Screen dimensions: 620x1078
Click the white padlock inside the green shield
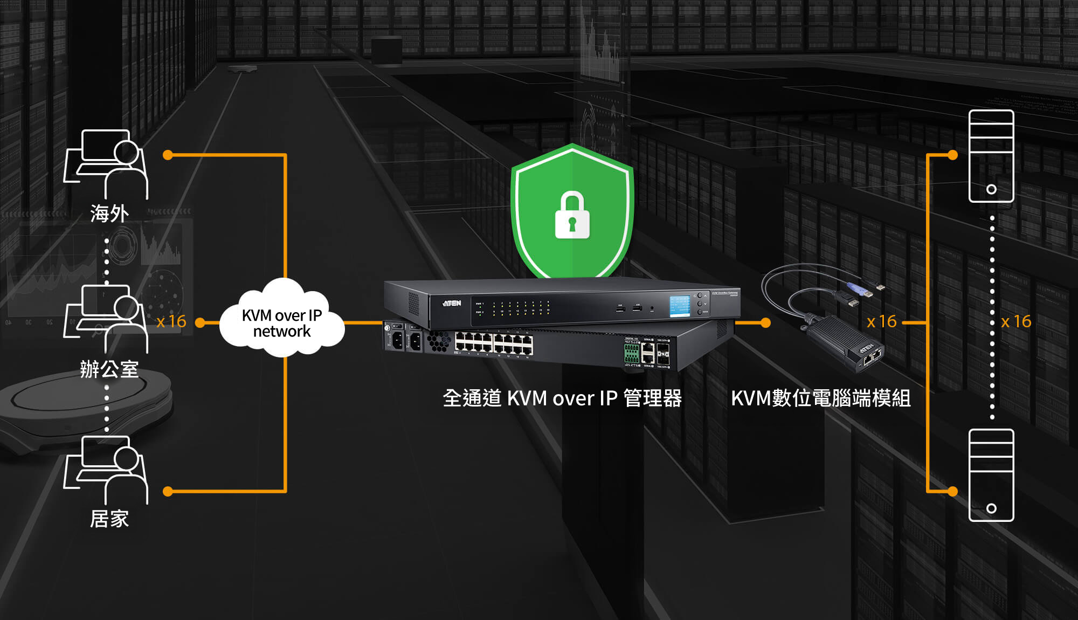[572, 216]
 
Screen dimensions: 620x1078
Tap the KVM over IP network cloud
[282, 322]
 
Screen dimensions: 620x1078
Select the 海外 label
[109, 214]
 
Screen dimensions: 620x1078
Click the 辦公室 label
[109, 369]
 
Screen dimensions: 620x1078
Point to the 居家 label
[109, 519]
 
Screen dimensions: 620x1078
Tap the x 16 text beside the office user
[171, 322]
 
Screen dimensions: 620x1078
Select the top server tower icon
[991, 156]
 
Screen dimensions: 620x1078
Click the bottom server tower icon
[991, 475]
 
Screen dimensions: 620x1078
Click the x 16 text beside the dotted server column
[1016, 322]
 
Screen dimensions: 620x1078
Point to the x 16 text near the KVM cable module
[881, 322]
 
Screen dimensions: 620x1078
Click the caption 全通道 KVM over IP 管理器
[562, 398]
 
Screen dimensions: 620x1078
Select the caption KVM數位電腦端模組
[820, 398]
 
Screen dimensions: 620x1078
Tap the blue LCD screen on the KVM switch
[680, 306]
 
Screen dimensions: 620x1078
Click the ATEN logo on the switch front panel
[452, 303]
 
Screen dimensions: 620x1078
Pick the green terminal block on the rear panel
[631, 353]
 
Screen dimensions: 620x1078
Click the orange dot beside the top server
[952, 155]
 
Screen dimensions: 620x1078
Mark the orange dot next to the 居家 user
[168, 491]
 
